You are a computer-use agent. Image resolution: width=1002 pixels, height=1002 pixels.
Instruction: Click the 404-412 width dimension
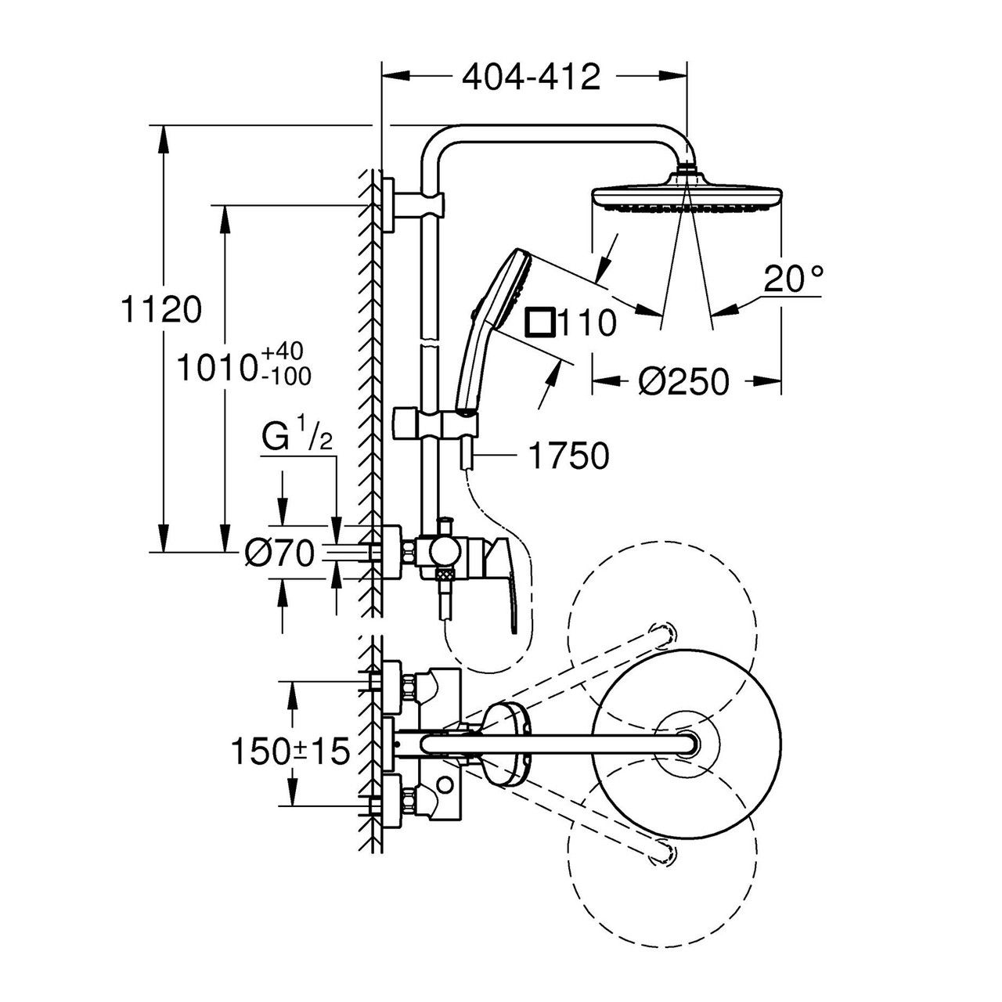(x=531, y=77)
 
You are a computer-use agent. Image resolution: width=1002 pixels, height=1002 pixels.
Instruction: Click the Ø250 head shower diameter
(x=683, y=381)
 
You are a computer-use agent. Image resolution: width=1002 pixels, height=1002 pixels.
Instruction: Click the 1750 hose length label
(x=568, y=456)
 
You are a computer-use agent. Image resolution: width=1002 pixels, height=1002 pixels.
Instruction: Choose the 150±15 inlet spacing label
(x=290, y=752)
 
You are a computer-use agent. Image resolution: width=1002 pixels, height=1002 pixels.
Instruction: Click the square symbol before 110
(x=539, y=322)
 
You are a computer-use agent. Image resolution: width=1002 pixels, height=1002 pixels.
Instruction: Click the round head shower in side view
(x=687, y=195)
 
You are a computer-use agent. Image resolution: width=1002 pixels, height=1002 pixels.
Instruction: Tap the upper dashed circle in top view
(x=661, y=618)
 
